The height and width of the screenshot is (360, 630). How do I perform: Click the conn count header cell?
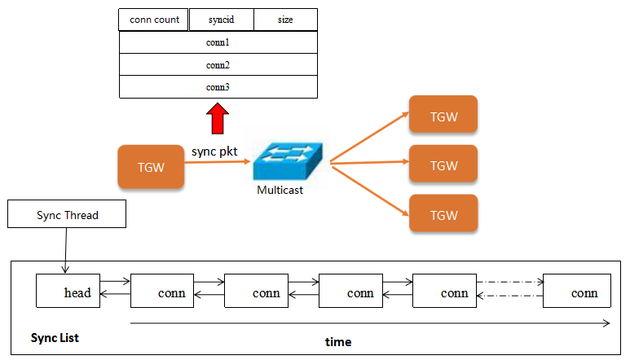153,20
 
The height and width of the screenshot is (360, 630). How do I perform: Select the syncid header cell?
222,20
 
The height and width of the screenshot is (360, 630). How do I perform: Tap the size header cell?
286,20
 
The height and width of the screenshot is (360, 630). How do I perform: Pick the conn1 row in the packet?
218,42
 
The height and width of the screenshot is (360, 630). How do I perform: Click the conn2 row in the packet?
218,64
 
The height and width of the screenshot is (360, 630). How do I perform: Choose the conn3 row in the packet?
218,87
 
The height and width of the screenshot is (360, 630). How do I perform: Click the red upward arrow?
218,118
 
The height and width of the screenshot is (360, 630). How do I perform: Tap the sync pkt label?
214,151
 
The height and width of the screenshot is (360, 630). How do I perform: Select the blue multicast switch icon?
288,161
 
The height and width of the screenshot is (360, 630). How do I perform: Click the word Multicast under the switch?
280,190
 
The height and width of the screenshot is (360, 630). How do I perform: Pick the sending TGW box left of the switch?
151,167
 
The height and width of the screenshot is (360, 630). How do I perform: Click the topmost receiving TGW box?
443,114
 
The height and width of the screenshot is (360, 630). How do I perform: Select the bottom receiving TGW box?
443,213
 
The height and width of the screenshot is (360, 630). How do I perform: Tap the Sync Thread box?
67,214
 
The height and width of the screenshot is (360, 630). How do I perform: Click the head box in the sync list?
68,291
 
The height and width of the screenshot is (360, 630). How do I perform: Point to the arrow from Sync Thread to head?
66,250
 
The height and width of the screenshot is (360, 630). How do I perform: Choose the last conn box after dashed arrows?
577,291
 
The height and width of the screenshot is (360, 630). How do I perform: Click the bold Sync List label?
55,338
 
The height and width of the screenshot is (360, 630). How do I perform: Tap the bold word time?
338,342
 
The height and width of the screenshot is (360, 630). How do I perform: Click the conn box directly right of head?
162,291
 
